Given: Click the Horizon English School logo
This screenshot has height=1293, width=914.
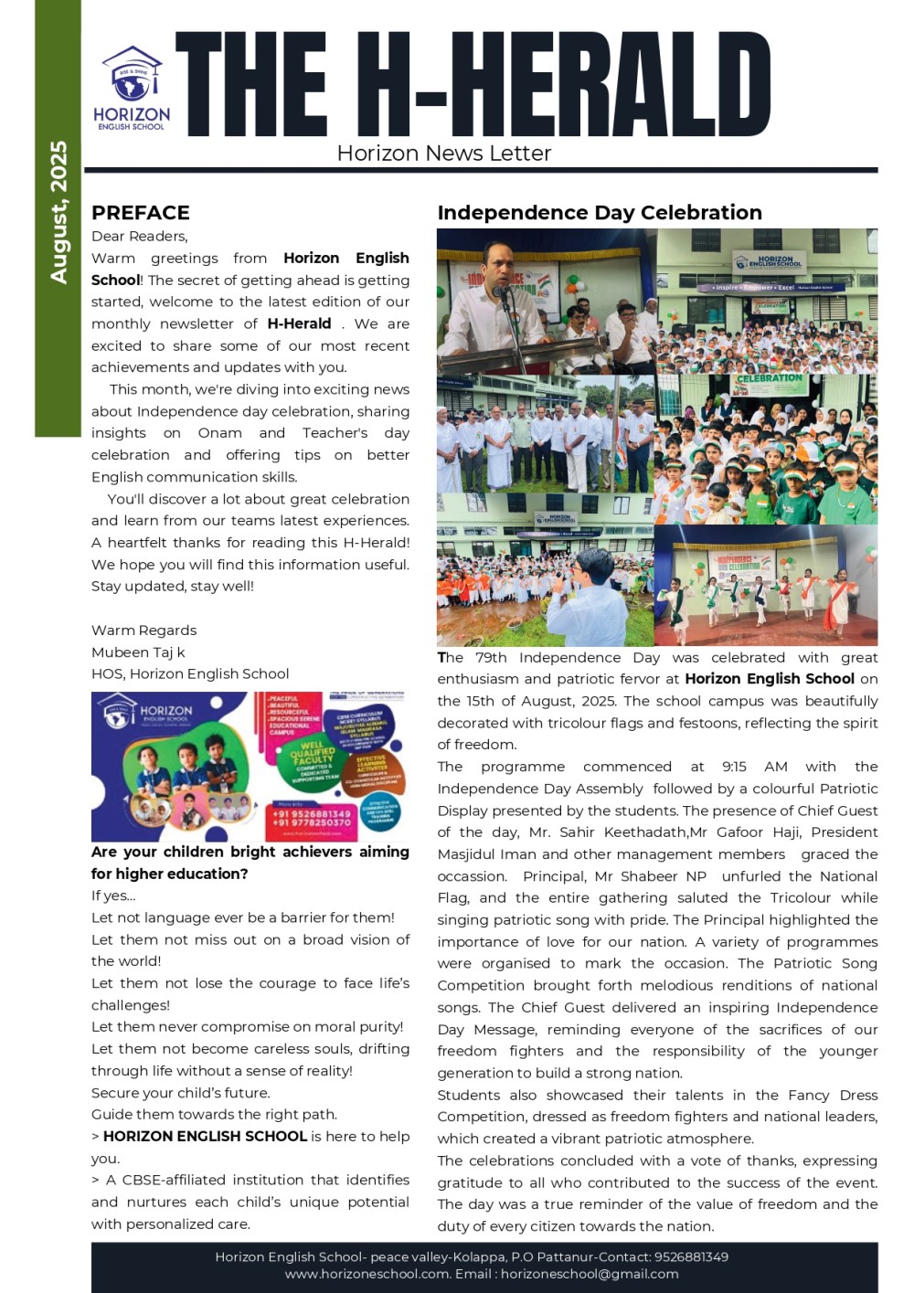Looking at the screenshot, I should pyautogui.click(x=132, y=89).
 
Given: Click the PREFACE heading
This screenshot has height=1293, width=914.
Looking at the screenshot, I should pyautogui.click(x=141, y=213).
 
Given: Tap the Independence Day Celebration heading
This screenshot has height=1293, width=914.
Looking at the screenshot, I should pyautogui.click(x=600, y=213).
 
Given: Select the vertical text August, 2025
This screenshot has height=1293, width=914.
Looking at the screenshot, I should pyautogui.click(x=58, y=212).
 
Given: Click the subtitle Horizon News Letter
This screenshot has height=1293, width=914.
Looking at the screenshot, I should pyautogui.click(x=444, y=154).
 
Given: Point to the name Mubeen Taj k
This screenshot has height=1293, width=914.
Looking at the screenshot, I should pyautogui.click(x=138, y=652).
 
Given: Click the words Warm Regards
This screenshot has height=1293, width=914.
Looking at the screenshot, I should pyautogui.click(x=143, y=631).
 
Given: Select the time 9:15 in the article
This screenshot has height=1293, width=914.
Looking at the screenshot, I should pyautogui.click(x=734, y=767).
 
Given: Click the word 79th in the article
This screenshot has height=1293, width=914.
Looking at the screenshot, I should pyautogui.click(x=492, y=657).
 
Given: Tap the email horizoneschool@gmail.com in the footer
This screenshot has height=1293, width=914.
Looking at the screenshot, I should pyautogui.click(x=590, y=1274).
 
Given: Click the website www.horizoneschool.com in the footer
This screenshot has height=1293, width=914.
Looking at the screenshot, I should pyautogui.click(x=367, y=1274).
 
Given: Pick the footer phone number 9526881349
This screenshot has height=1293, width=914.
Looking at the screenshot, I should pyautogui.click(x=690, y=1257).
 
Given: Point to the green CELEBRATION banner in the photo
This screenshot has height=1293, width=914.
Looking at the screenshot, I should pyautogui.click(x=770, y=379).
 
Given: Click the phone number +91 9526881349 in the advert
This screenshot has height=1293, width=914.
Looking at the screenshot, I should pyautogui.click(x=312, y=812).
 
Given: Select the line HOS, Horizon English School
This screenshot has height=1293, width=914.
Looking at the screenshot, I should pyautogui.click(x=190, y=674).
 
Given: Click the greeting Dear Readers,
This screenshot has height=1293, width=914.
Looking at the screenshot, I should pyautogui.click(x=139, y=237).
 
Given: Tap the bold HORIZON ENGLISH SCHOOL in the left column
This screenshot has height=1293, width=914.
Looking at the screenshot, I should pyautogui.click(x=205, y=1137).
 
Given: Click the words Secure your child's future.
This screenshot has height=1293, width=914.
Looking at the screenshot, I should pyautogui.click(x=181, y=1093).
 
